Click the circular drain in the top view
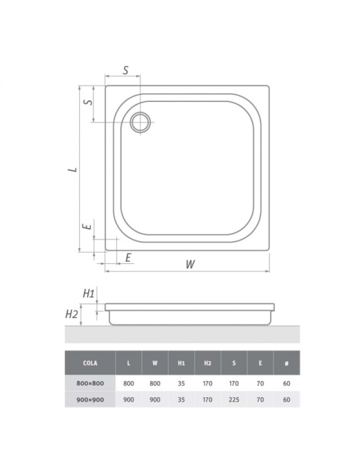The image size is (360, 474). [x=140, y=122]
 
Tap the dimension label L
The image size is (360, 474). [x=72, y=170]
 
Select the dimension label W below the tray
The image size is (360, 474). [x=190, y=264]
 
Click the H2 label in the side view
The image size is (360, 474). [x=72, y=314]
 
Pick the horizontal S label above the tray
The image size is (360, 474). [x=126, y=70]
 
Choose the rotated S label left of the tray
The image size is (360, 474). [x=88, y=101]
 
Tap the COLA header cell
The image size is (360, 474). [x=90, y=363]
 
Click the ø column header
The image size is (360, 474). [x=286, y=364]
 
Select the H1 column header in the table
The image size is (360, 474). [x=181, y=363]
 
